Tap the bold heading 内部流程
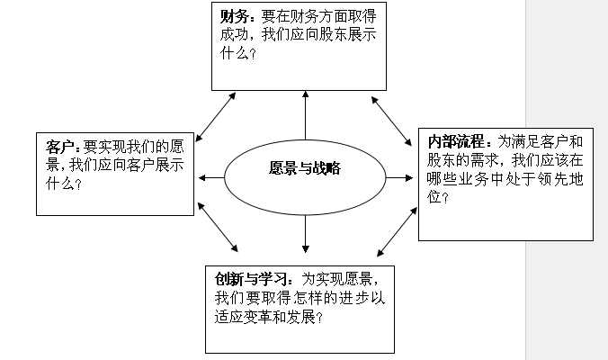tap(456, 141)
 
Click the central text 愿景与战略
tap(305, 168)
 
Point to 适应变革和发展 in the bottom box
tap(261, 317)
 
